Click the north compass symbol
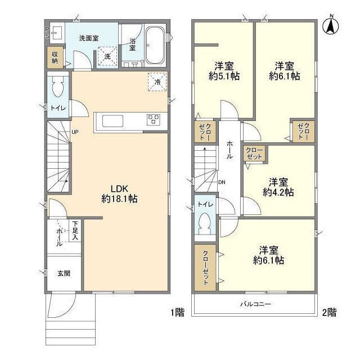coord(331,25)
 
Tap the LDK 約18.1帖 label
coord(119,193)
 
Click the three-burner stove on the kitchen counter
coord(154,120)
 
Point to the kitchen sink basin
coord(112,121)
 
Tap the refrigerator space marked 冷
coord(157,82)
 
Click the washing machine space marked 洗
coord(107,56)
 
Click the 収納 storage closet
coord(55,57)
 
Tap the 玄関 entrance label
coord(64,273)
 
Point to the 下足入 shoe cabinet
coord(75,231)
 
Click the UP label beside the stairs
coord(75,132)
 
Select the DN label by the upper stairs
coord(222,182)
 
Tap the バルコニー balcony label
coord(255,304)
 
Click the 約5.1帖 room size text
coord(224,76)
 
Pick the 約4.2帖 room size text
coord(278,192)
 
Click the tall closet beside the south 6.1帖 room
coord(205,268)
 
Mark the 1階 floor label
coord(177,312)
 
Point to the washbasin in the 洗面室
coord(56,33)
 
